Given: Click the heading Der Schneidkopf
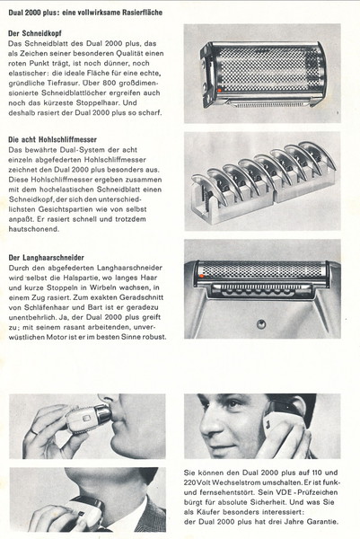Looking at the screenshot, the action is [35, 33].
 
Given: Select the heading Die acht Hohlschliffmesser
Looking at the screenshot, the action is [52, 139].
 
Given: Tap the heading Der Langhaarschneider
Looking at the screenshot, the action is [46, 258].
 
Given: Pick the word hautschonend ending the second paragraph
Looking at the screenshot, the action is [33, 229].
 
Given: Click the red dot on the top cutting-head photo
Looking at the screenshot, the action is [219, 90].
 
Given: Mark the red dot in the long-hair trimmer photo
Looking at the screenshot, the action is [202, 276].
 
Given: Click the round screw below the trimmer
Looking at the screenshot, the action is [261, 323].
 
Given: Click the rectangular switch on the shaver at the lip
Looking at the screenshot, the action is [86, 418].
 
